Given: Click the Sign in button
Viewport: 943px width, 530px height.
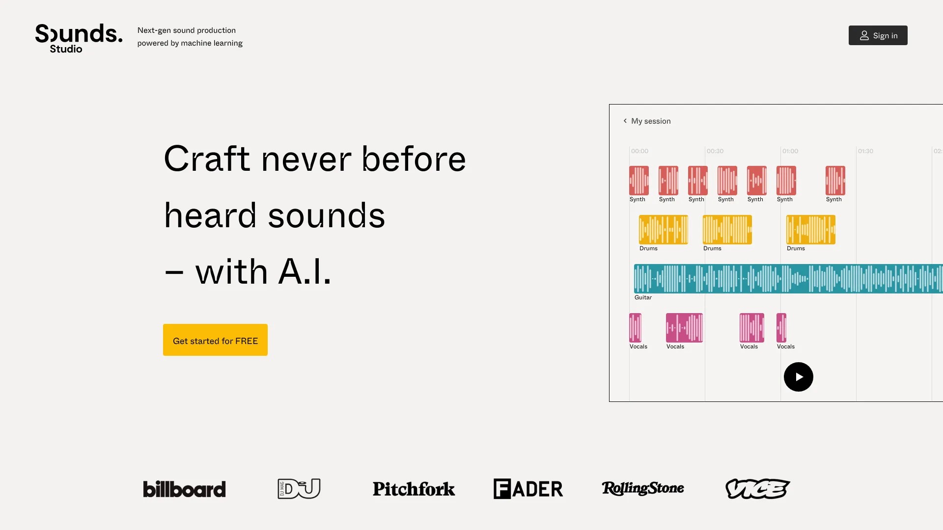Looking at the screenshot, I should pos(878,35).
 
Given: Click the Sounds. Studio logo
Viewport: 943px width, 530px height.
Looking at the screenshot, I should pos(79,38).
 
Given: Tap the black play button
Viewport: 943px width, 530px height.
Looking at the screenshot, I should pos(798,377).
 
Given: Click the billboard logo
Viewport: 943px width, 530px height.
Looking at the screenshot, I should pos(184,489).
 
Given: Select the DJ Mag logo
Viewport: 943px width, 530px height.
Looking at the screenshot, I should pos(299,489).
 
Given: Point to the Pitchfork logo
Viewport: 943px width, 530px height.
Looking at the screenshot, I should pos(414,489).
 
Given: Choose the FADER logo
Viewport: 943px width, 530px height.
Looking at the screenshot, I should pos(528,489).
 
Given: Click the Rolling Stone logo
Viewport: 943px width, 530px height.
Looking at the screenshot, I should pos(642,488).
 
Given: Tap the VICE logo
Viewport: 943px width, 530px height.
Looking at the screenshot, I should pos(757,489).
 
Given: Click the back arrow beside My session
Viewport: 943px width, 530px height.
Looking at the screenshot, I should pos(625,121).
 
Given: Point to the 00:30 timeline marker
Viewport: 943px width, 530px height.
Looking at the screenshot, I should pos(715,151).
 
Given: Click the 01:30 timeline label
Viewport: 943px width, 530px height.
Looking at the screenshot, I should pos(865,151).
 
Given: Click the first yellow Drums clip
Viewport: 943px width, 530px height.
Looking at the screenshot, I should pos(663,230).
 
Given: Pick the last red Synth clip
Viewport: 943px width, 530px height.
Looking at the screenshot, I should pos(835,181).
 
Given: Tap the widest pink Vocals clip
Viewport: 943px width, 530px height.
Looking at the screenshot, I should pos(684,328).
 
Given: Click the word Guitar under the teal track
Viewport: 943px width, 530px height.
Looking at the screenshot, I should pos(643,297).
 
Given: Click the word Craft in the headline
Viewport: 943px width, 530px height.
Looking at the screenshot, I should pos(207,159).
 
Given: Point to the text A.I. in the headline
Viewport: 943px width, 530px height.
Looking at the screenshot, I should pos(305,272).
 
